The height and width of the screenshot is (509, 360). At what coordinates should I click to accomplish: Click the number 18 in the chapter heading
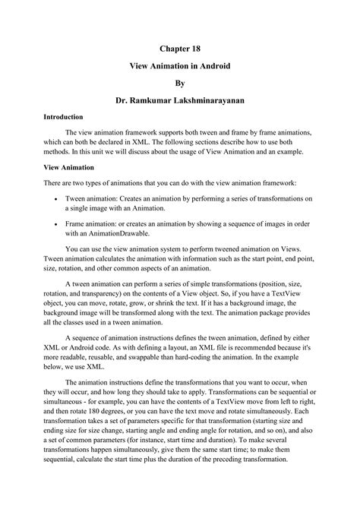(198, 48)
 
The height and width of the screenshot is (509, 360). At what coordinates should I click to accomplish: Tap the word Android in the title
(213, 67)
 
